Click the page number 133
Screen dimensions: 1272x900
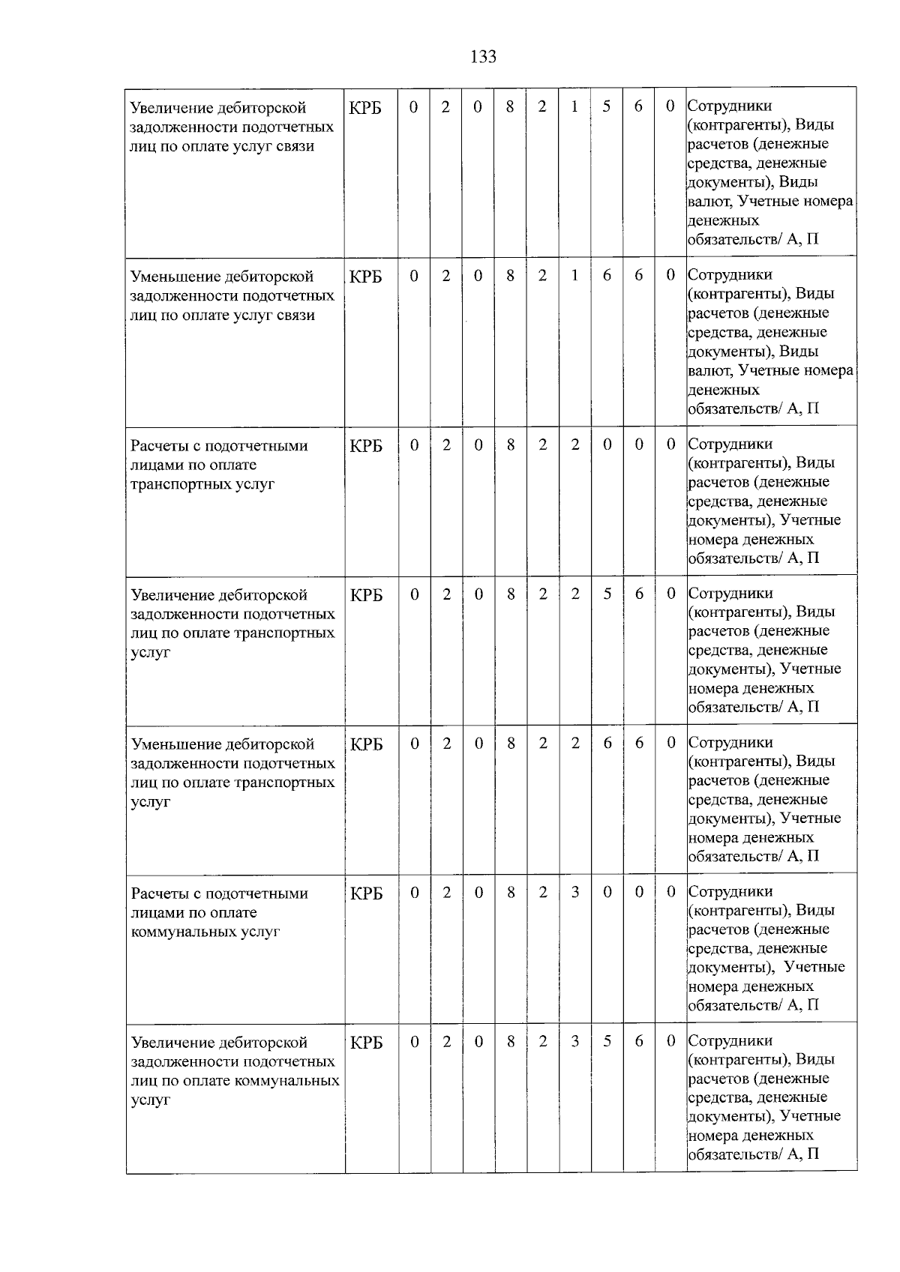click(483, 57)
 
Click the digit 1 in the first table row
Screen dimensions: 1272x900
click(574, 106)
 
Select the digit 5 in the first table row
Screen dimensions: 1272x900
click(606, 106)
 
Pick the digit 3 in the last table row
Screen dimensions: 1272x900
click(574, 1042)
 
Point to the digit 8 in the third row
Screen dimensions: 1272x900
click(511, 444)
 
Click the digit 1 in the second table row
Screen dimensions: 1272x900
click(574, 276)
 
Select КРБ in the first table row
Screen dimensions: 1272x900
click(366, 108)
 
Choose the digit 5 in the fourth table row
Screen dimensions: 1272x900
click(607, 594)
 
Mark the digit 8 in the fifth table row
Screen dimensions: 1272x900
click(511, 743)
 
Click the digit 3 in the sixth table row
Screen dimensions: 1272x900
click(574, 893)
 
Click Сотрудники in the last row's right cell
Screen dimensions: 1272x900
click(730, 1040)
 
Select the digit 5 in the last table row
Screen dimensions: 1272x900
click(607, 1042)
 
